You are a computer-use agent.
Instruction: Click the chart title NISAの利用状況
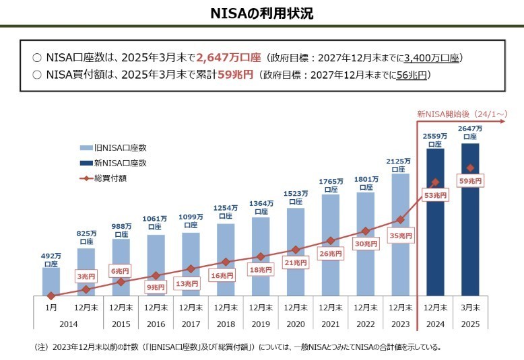pyautogui.click(x=261, y=13)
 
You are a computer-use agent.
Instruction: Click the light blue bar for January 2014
pyautogui.click(x=51, y=281)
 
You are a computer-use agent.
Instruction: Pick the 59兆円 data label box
pyautogui.click(x=469, y=181)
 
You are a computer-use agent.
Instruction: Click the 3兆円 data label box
pyautogui.click(x=86, y=276)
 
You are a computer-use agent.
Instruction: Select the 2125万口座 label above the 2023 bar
pyautogui.click(x=399, y=165)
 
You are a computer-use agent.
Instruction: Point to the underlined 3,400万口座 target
pyautogui.click(x=432, y=57)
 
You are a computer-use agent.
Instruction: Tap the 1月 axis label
pyautogui.click(x=51, y=307)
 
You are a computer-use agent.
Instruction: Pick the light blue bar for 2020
pyautogui.click(x=295, y=252)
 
